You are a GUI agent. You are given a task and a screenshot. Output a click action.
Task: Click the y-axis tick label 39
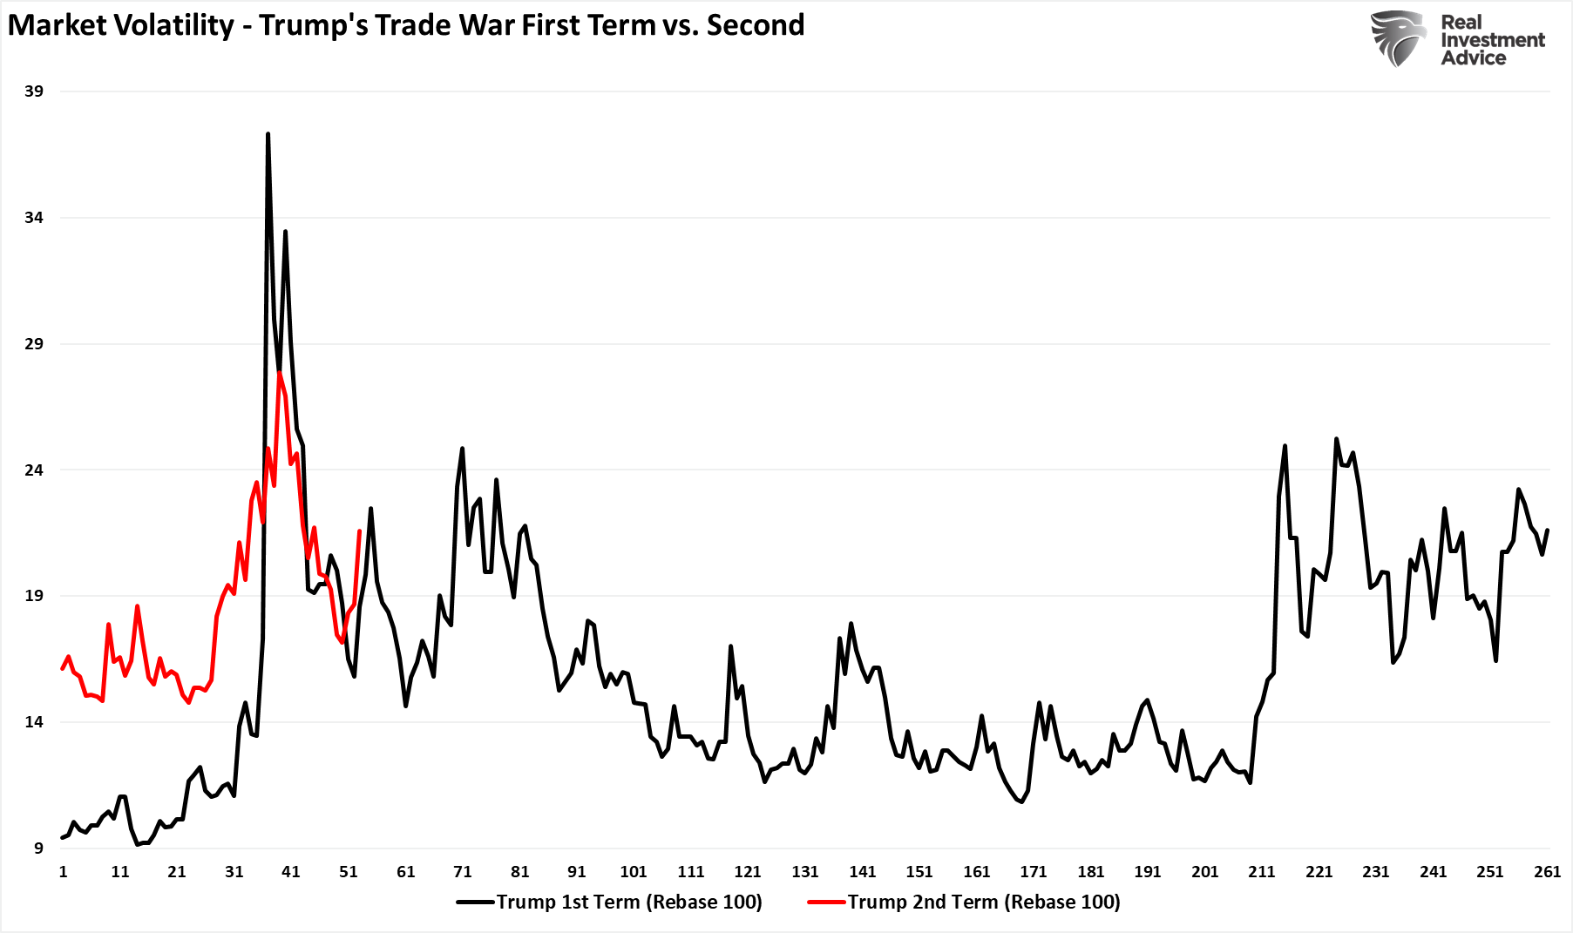point(33,91)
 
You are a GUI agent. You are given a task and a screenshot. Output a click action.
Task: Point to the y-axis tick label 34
point(33,218)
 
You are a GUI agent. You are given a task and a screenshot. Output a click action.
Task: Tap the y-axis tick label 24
point(33,470)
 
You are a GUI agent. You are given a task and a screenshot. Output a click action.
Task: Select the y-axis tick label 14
point(33,722)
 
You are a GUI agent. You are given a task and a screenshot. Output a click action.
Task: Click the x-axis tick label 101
point(634,872)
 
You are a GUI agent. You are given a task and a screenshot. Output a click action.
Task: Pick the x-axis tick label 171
point(1034,872)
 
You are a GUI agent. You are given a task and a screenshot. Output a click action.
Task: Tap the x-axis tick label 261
point(1547,872)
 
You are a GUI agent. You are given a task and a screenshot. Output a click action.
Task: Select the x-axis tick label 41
point(291,872)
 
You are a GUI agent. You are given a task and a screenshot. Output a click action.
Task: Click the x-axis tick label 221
point(1319,872)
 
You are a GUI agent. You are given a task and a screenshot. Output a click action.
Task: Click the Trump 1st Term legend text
point(629,903)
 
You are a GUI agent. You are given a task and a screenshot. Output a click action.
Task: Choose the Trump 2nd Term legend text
point(984,903)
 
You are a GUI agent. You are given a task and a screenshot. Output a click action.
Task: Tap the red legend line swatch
point(827,903)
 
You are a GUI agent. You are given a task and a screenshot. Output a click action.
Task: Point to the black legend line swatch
point(476,903)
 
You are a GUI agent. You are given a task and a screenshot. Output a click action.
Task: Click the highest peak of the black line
point(268,134)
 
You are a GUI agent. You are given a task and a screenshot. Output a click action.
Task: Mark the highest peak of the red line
point(279,373)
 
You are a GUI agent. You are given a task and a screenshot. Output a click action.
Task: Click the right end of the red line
point(359,531)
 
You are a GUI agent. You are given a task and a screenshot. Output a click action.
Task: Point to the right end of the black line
point(1547,530)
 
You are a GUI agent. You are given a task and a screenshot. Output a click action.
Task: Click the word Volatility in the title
point(179,25)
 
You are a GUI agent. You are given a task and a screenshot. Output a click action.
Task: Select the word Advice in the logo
point(1474,58)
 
